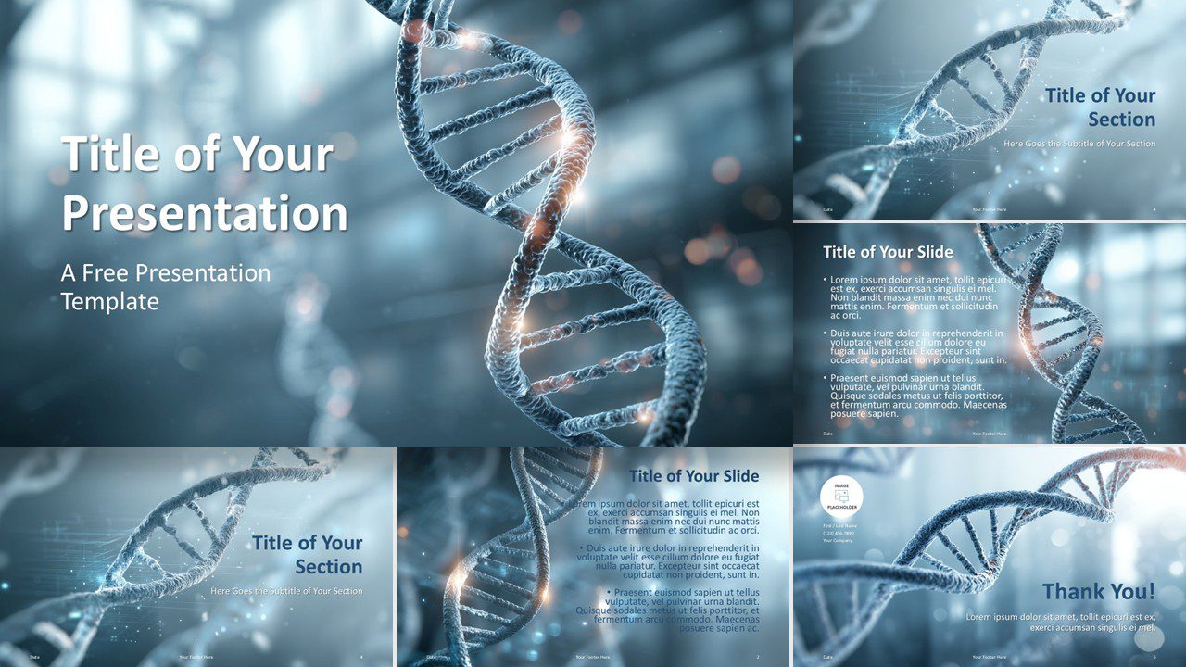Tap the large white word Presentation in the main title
coord(205,212)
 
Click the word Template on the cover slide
coord(110,301)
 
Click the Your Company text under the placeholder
coord(838,541)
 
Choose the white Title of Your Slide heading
coord(888,252)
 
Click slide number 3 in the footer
coord(1154,434)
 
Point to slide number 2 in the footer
coord(758,657)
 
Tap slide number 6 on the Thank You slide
coord(1154,657)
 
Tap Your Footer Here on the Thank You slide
coord(989,657)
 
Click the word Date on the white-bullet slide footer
coord(827,434)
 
